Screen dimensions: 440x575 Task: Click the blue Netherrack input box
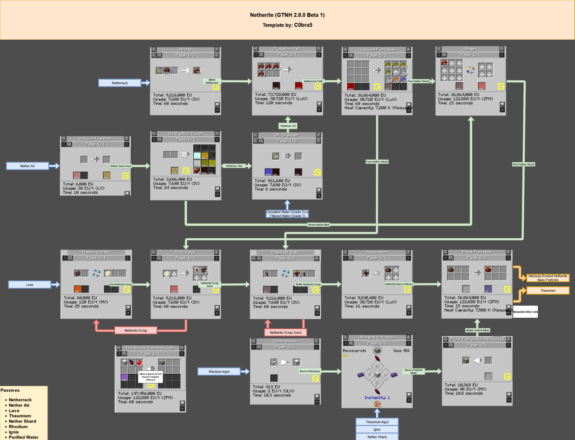(x=119, y=83)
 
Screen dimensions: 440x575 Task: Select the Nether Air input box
(x=27, y=166)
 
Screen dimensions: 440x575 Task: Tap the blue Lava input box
(x=29, y=284)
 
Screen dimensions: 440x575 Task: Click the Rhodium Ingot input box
(x=219, y=371)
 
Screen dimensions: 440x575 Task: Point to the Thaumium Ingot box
(x=377, y=422)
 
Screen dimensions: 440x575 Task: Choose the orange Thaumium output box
(x=548, y=291)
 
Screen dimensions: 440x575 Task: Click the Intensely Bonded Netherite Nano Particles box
(x=548, y=278)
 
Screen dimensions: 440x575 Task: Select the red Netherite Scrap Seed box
(x=285, y=332)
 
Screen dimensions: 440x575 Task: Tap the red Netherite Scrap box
(x=136, y=330)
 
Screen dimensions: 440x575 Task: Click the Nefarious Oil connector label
(x=288, y=126)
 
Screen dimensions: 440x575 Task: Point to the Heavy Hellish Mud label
(x=318, y=225)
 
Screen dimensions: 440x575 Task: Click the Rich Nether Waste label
(x=523, y=164)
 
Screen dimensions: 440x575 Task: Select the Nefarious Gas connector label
(x=234, y=166)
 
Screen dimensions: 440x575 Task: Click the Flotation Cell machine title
(x=287, y=49)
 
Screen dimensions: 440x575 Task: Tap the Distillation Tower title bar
(x=185, y=134)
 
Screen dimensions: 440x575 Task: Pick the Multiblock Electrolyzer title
(x=150, y=348)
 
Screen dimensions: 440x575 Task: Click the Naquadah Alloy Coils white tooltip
(x=525, y=312)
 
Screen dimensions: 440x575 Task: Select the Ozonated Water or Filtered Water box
(x=287, y=214)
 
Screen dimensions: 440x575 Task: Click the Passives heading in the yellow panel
(x=10, y=390)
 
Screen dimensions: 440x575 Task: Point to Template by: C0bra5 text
(x=287, y=25)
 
